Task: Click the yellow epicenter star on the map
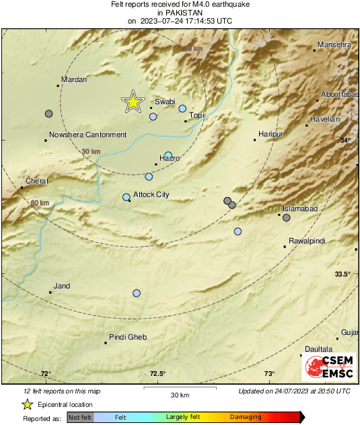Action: (133, 102)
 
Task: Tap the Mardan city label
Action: (74, 80)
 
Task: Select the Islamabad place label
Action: (299, 209)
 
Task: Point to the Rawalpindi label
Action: (306, 241)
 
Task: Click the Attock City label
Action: (151, 195)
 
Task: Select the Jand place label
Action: (62, 286)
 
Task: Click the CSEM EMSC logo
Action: (325, 367)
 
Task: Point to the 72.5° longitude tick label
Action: (157, 374)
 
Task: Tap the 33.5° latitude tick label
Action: (343, 274)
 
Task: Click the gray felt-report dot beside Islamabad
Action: (287, 217)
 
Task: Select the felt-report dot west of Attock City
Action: (126, 197)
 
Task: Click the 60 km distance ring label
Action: (40, 203)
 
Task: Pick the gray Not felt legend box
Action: (80, 418)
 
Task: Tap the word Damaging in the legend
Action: (246, 418)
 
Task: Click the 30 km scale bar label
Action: (180, 395)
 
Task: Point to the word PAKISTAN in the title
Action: (180, 12)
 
